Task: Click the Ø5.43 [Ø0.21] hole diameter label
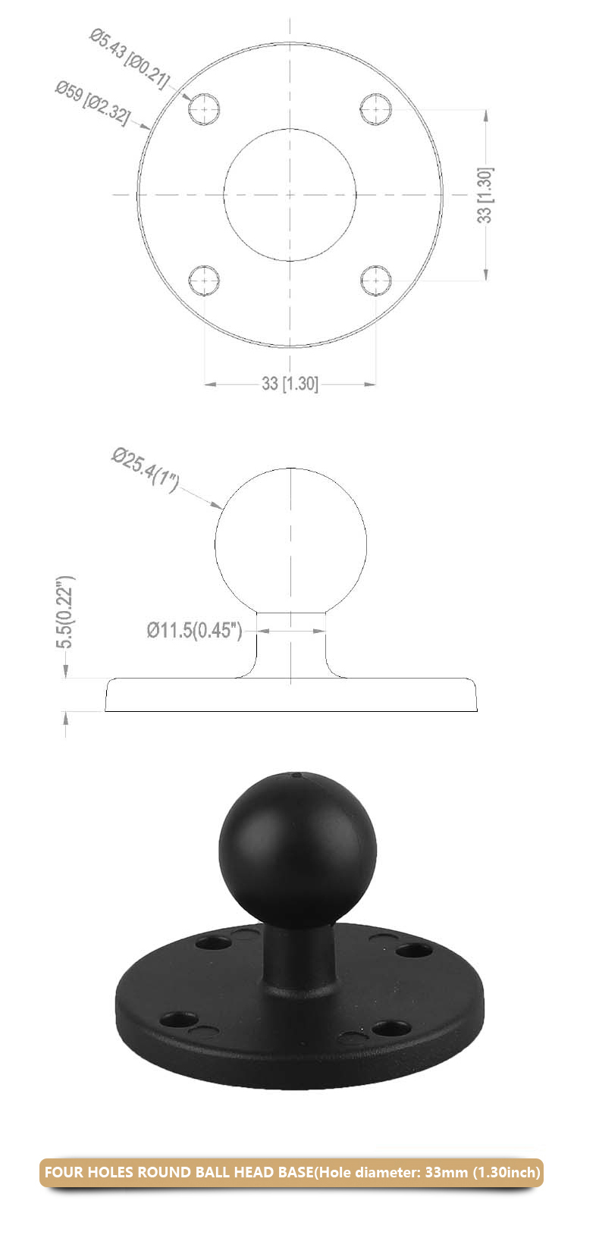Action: click(x=129, y=58)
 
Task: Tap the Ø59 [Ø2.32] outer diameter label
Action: click(x=92, y=102)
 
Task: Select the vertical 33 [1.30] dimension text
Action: click(x=485, y=195)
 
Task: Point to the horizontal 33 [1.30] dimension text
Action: click(x=290, y=384)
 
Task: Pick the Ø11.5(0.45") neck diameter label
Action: click(x=194, y=630)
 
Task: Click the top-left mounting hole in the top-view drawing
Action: click(x=204, y=109)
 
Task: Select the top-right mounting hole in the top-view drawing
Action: click(x=375, y=109)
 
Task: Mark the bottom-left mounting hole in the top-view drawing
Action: click(x=204, y=281)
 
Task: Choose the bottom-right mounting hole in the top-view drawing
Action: click(x=375, y=281)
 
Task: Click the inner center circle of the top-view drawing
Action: click(x=290, y=195)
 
